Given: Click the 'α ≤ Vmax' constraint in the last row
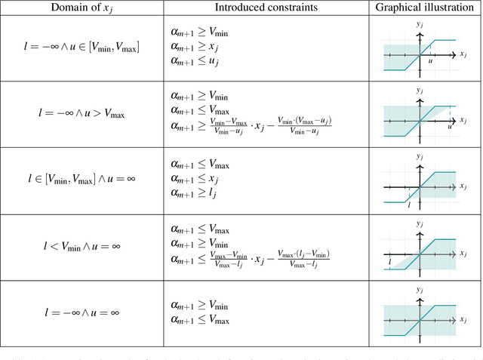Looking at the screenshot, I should click(x=200, y=320).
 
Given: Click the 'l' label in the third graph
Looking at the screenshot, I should click(x=409, y=204).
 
